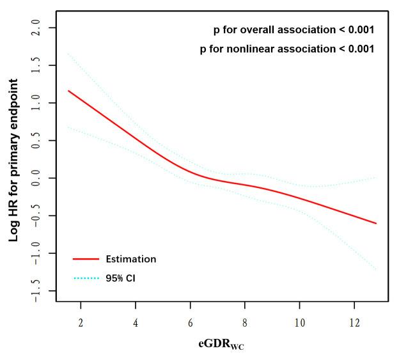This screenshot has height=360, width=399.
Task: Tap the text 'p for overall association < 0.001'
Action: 293,30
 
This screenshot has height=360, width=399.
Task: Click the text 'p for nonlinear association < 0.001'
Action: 287,49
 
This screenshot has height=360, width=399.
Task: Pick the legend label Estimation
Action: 131,260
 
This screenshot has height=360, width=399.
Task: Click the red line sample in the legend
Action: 86,260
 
